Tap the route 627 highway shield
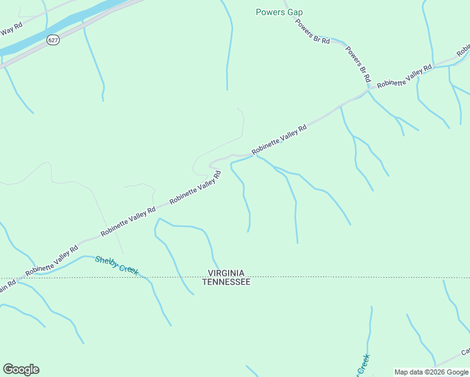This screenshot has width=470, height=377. pos(53,40)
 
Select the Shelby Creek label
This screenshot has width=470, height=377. pos(116,265)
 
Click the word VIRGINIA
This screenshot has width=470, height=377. pos(226,273)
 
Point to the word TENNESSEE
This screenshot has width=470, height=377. pos(226,282)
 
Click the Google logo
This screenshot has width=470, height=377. pos(21,369)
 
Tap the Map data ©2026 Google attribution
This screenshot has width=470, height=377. pos(432,372)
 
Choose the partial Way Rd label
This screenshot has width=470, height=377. pos(11,30)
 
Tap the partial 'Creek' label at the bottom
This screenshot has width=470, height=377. pos(363,364)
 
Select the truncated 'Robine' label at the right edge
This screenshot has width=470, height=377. pos(464,49)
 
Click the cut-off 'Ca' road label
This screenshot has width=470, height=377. pos(466,352)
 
